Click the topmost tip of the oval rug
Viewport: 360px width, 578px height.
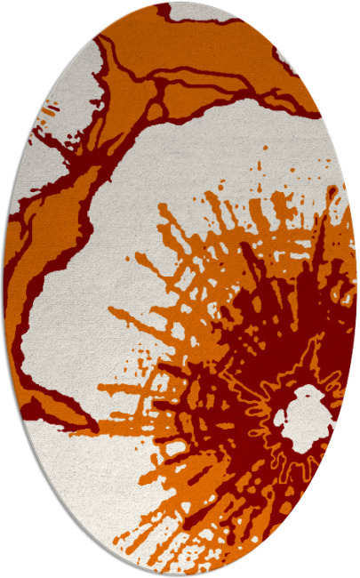coord(180,2)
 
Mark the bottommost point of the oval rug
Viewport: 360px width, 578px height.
coord(180,576)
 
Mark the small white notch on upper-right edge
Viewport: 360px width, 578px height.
coord(284,59)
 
